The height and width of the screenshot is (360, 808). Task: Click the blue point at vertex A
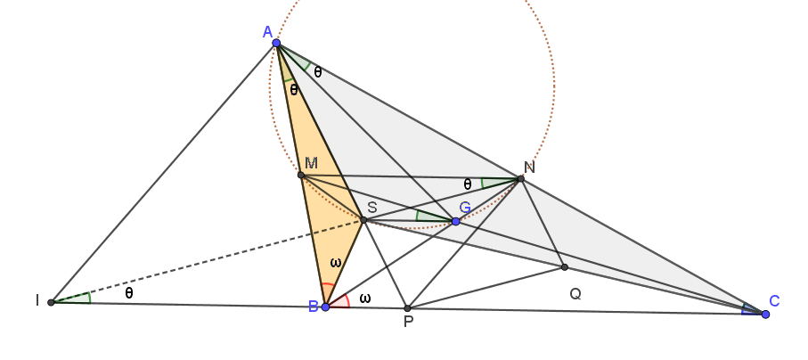pos(276,43)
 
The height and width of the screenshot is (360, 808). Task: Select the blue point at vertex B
pos(325,307)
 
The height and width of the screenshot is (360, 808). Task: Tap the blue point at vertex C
pos(765,314)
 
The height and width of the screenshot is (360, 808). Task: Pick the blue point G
pos(455,221)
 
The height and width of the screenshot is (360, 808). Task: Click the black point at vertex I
pos(51,302)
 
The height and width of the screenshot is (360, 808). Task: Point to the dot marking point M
pos(301,176)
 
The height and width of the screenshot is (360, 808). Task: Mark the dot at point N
pos(520,178)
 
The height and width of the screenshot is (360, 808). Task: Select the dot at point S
pos(363,220)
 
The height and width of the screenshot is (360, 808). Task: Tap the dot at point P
pos(407,308)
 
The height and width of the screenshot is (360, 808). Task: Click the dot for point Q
pos(564,267)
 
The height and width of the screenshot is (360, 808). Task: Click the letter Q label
pos(575,294)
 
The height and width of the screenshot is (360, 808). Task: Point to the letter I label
pos(37,300)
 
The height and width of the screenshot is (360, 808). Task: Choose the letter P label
pos(408,323)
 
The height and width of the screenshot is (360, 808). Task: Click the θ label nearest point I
pos(129,293)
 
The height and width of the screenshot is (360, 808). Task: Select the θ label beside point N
pos(468,184)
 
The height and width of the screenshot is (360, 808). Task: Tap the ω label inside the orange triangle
pos(336,263)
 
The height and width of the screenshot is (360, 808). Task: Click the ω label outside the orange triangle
pos(365,299)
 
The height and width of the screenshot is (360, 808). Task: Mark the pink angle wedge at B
pos(340,301)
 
